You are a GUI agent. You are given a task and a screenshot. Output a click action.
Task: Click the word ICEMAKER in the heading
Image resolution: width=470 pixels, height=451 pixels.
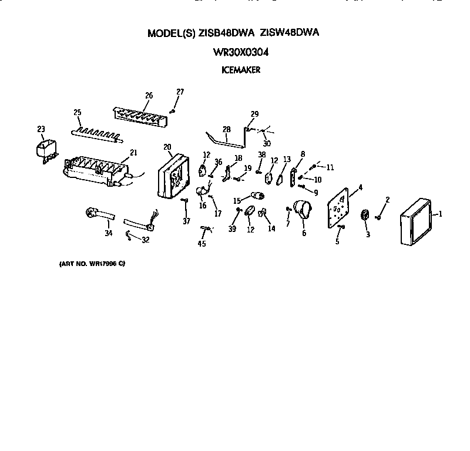point(240,70)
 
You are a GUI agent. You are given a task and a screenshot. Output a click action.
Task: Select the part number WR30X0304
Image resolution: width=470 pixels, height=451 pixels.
point(240,52)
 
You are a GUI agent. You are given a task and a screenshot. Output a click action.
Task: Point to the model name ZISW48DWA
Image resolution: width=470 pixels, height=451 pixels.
point(287,34)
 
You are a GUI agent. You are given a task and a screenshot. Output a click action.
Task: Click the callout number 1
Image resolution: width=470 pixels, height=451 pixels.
point(440,214)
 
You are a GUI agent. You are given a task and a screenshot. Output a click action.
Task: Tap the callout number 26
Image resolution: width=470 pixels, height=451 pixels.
point(148,96)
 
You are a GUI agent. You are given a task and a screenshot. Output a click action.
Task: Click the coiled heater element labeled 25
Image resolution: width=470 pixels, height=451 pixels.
point(97,134)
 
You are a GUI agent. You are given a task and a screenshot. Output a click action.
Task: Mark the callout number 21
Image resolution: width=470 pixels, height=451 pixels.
point(133,153)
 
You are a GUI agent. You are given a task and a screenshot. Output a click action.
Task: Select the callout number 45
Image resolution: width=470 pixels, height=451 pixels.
point(202,244)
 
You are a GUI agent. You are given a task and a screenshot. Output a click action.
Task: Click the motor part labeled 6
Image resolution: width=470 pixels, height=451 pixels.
point(303,210)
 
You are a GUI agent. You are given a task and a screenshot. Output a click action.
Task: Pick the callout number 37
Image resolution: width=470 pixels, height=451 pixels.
point(186,221)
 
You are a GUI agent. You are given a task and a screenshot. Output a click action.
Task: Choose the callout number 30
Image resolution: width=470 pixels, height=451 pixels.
point(267,143)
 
